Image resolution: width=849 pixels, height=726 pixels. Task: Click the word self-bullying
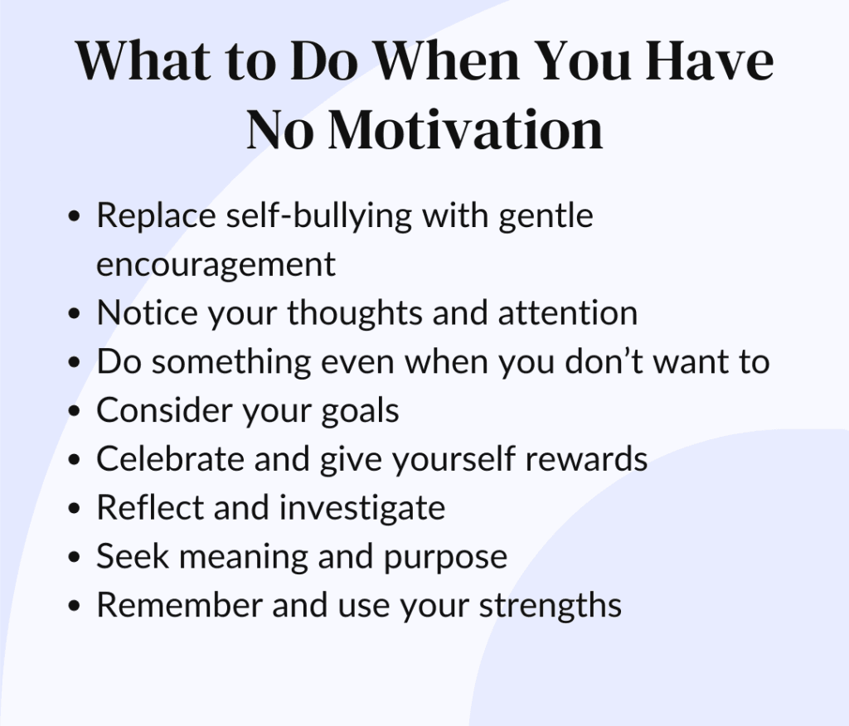(x=319, y=216)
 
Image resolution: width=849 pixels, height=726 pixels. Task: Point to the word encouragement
(x=216, y=265)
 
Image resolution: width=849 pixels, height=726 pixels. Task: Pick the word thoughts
(x=355, y=314)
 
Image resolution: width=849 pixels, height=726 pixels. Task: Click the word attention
(x=567, y=313)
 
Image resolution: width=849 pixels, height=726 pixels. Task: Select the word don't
(x=604, y=361)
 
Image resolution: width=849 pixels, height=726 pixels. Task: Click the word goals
(x=360, y=411)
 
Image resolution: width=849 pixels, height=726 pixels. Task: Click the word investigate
(x=362, y=509)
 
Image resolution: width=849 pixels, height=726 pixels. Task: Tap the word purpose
(x=445, y=558)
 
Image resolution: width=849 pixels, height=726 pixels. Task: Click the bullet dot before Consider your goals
(x=75, y=411)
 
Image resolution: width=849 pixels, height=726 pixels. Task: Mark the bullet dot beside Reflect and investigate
(x=75, y=508)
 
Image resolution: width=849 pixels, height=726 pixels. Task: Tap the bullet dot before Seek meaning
(x=75, y=557)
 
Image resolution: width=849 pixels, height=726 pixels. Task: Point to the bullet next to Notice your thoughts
(x=75, y=313)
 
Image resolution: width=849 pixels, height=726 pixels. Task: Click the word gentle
(x=546, y=216)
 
